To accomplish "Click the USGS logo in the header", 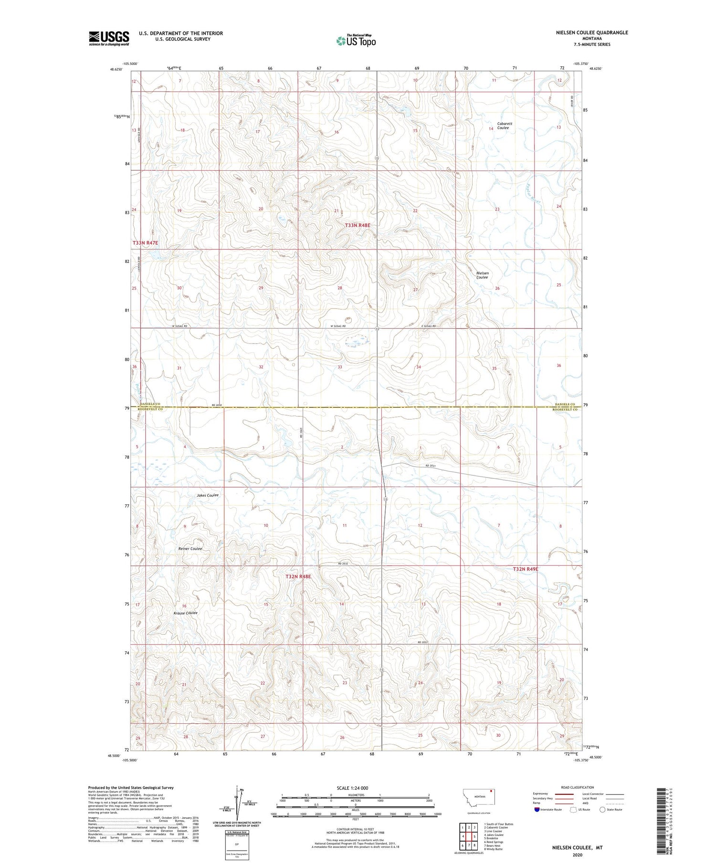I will point(109,38).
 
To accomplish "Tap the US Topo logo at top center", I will point(356,41).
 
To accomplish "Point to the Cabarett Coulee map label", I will point(503,125).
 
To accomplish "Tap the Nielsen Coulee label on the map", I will point(482,275).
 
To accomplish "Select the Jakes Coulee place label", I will point(208,495).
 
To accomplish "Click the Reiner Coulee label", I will point(190,549).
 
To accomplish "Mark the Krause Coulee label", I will point(185,613).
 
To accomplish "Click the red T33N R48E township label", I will point(358,225).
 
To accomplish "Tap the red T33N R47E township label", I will point(145,243).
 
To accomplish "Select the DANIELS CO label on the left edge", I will point(149,404).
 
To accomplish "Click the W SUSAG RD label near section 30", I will point(179,326).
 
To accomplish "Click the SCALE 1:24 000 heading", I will point(352,788).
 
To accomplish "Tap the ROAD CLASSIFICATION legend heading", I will point(578,787).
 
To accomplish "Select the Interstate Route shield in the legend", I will point(537,810).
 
